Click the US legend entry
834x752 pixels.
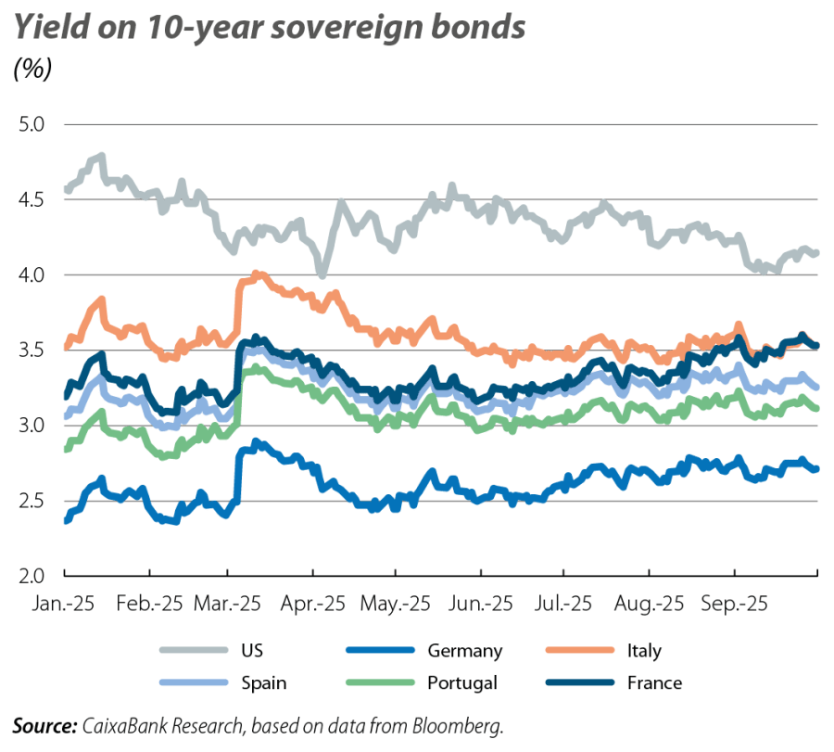click(252, 651)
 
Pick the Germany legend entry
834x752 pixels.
click(464, 651)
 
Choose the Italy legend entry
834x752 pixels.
click(643, 651)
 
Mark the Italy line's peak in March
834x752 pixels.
click(258, 274)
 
